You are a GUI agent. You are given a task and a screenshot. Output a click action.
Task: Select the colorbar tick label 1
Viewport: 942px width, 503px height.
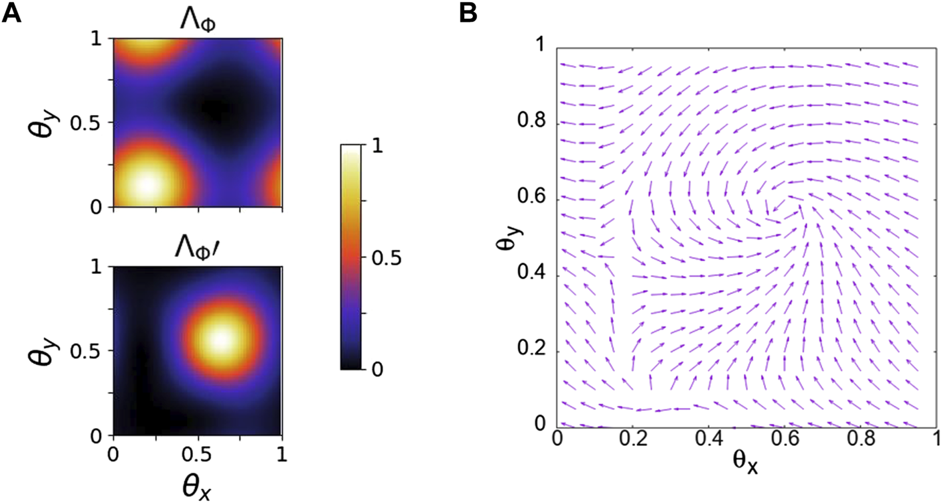coord(377,149)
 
